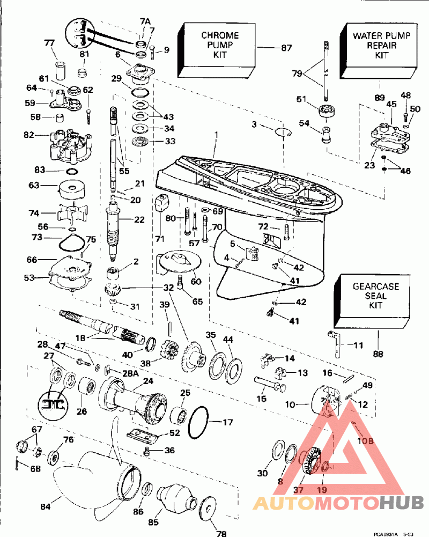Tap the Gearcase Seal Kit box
coord(375,301)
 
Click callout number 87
coord(286,48)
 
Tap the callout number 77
coord(49,43)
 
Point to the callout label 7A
coord(145,21)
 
